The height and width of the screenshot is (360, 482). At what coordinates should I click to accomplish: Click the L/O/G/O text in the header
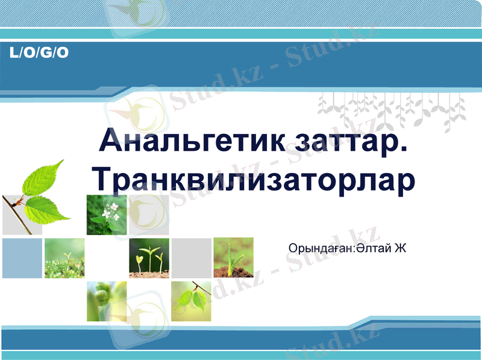pos(40,53)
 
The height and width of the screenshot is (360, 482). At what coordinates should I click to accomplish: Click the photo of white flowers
pos(107,215)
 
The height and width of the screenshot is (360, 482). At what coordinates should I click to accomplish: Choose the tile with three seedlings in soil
pos(149,258)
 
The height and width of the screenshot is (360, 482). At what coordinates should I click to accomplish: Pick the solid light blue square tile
pos(22,258)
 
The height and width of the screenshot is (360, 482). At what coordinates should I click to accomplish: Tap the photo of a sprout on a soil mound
pos(234,258)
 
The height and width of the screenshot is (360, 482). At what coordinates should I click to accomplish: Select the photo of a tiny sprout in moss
pos(64,258)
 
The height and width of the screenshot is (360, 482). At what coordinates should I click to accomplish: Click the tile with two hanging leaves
pos(192,300)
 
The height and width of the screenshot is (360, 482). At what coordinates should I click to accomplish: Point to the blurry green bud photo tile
pos(107,300)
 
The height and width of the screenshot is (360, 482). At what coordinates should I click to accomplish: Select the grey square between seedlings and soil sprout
pos(192,258)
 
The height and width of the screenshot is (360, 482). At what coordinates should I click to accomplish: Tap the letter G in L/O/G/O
pos(47,53)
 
